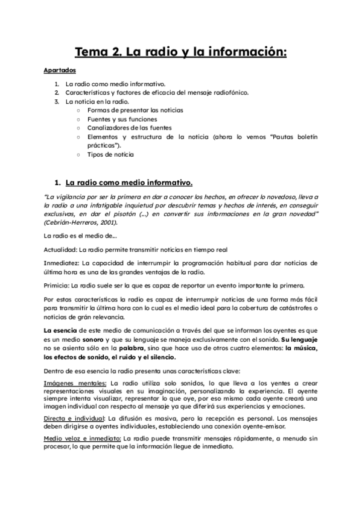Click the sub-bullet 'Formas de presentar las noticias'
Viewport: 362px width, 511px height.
135,111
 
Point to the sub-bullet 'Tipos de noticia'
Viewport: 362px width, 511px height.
110,154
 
